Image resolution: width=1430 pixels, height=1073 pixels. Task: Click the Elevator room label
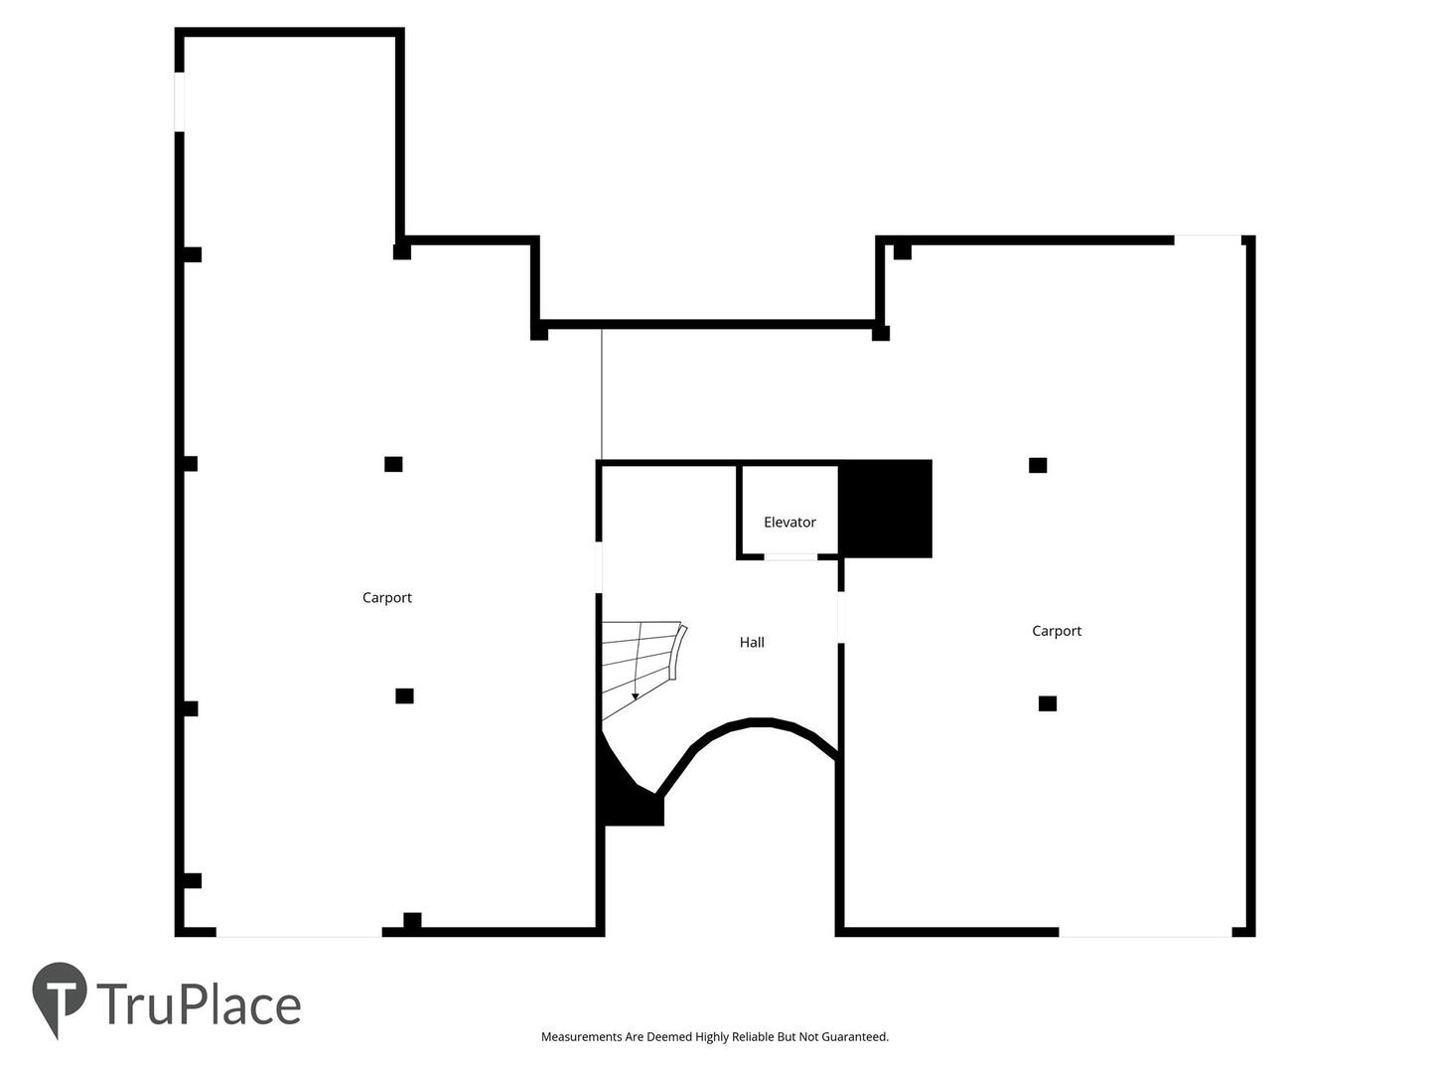(788, 522)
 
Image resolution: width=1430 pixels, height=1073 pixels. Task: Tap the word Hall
(751, 643)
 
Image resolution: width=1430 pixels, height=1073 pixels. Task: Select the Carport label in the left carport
(387, 598)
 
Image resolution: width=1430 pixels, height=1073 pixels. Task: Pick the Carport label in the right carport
(1056, 631)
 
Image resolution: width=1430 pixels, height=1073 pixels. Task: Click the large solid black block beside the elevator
(884, 509)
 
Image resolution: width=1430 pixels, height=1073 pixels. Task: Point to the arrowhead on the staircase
(636, 696)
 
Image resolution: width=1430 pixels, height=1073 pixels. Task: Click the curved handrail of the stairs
(679, 652)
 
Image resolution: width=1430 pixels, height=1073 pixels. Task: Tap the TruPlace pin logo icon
(60, 998)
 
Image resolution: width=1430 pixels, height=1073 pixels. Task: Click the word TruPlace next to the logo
(199, 1003)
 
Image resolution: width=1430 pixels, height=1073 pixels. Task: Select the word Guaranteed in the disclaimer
(854, 1036)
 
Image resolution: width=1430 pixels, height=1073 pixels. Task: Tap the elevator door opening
(790, 557)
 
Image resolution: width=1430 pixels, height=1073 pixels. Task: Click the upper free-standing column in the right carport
(1038, 465)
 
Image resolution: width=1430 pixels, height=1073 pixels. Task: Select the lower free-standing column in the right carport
(1048, 703)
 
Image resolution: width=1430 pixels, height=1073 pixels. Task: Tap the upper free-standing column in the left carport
(393, 464)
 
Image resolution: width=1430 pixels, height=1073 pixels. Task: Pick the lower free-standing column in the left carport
(404, 695)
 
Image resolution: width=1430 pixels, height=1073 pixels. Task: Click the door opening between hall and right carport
(841, 617)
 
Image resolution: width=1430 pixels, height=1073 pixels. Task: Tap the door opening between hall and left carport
(600, 567)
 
